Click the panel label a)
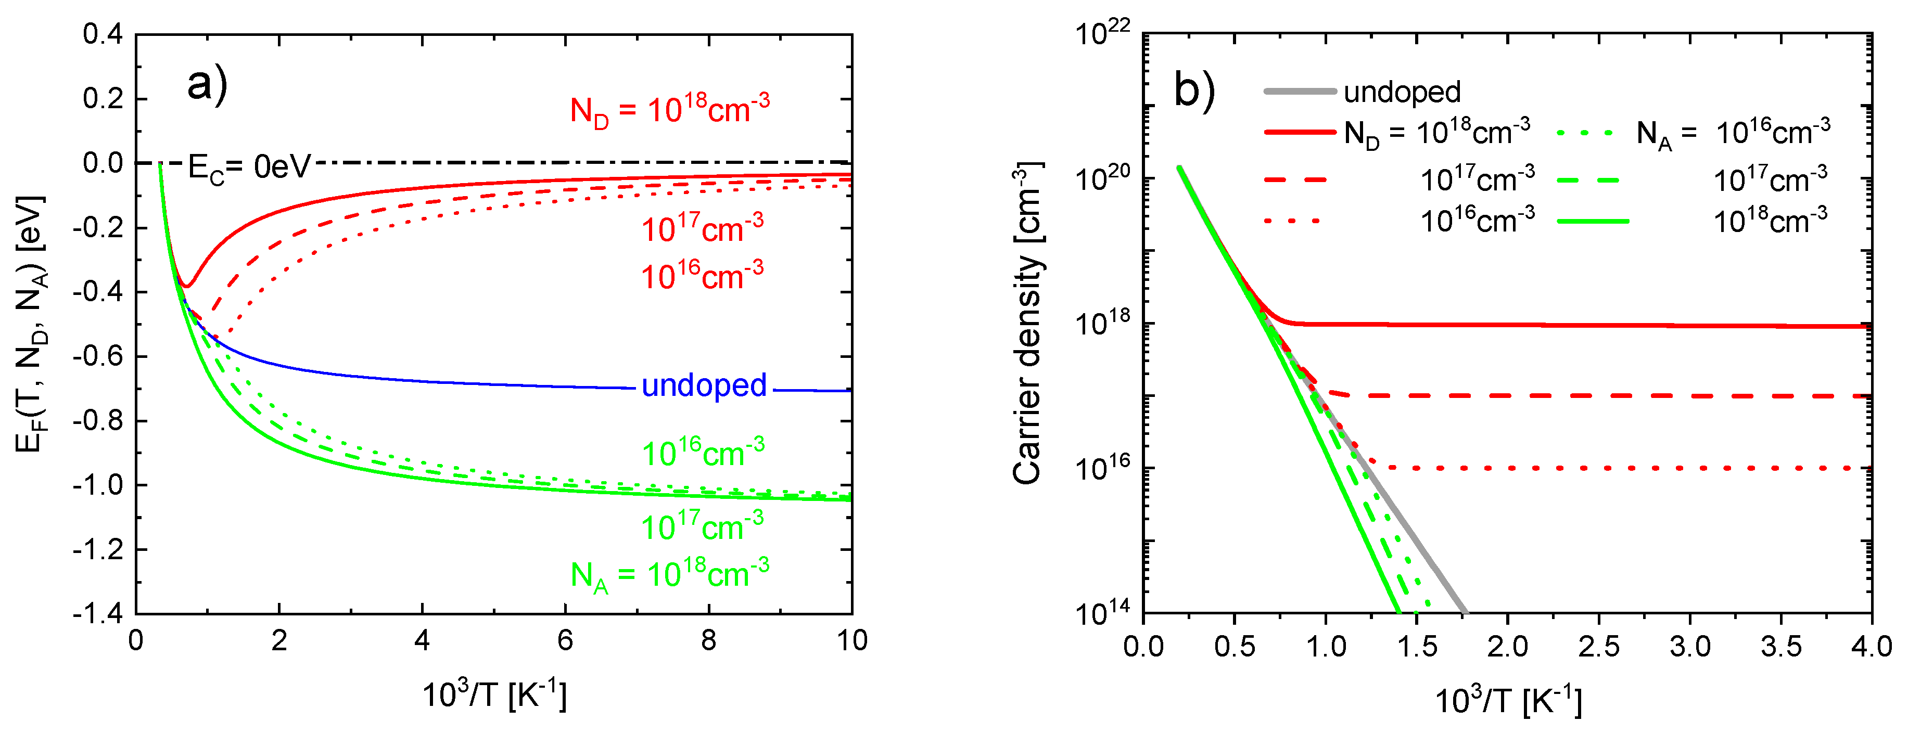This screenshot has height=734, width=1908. (207, 84)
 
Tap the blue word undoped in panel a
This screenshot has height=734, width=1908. (704, 386)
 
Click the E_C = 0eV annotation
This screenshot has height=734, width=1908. (249, 168)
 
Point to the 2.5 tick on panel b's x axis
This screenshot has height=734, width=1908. (1598, 647)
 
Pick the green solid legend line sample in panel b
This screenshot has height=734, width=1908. (1593, 221)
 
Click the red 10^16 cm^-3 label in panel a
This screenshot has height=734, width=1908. (702, 276)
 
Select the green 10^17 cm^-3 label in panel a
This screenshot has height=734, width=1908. (702, 526)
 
